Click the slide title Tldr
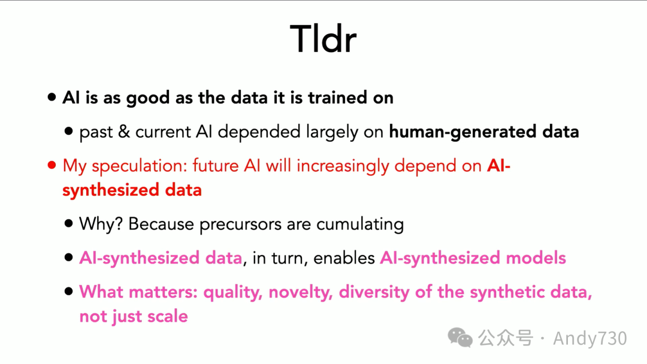coord(323,39)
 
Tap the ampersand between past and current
coord(124,132)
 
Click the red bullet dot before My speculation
coord(52,166)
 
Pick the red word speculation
coord(140,166)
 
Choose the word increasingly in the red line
coord(343,166)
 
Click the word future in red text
coord(216,166)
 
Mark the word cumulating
coord(360,225)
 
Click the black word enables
coord(344,258)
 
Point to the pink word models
coord(536,258)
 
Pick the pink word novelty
coord(300,292)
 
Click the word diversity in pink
coord(374,292)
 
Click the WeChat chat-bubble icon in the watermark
coord(460,338)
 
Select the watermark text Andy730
coord(590,338)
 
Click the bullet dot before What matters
coord(68,292)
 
